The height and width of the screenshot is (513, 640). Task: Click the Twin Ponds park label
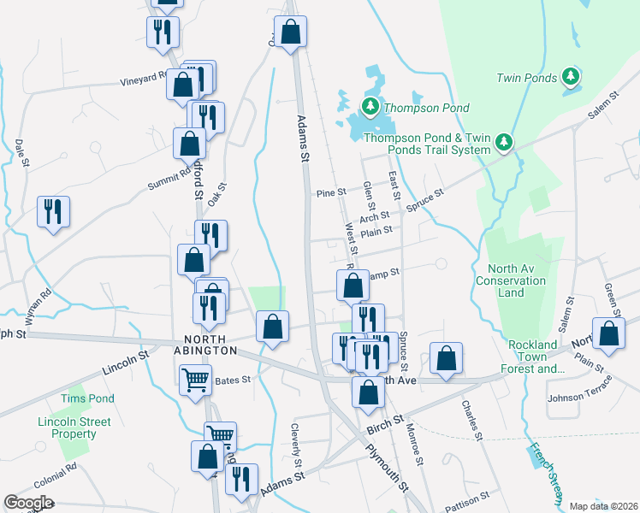[x=526, y=78]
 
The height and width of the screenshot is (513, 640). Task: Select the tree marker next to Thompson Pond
[x=370, y=108]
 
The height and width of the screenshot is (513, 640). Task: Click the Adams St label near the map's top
[x=303, y=139]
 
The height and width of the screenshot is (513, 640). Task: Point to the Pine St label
[x=331, y=193]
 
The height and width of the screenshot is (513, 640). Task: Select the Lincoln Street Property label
[x=74, y=427]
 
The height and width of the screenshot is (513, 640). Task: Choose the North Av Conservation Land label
[x=511, y=280]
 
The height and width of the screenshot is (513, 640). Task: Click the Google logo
[x=28, y=503]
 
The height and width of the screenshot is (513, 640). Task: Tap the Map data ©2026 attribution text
[x=602, y=506]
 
